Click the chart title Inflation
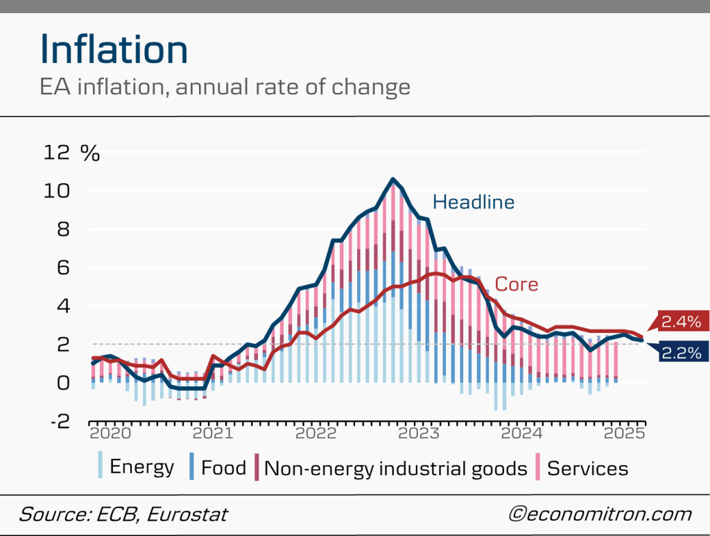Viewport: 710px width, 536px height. click(x=114, y=50)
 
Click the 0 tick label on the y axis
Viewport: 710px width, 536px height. click(x=63, y=382)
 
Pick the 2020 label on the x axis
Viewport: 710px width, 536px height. click(x=110, y=434)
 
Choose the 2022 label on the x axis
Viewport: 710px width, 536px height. click(x=316, y=434)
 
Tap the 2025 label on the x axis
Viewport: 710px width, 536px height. click(x=625, y=434)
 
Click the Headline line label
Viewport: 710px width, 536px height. click(x=474, y=202)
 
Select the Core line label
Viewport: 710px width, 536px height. click(x=516, y=284)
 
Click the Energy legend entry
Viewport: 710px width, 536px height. click(x=141, y=467)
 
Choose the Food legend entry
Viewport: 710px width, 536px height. click(x=223, y=467)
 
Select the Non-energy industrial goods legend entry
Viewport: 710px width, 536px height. click(x=395, y=468)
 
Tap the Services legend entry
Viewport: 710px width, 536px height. click(x=587, y=468)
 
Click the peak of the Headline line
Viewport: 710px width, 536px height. click(x=393, y=180)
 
